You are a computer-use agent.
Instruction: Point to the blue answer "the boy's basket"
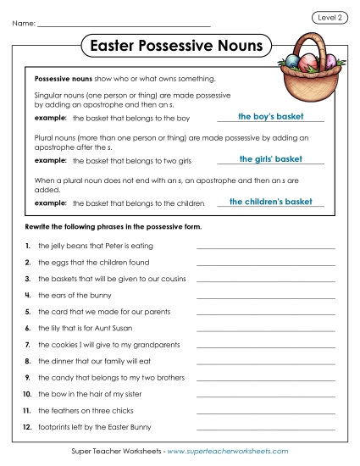(x=270, y=117)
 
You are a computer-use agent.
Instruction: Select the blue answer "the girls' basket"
(x=271, y=158)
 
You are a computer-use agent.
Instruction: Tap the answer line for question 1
(x=266, y=248)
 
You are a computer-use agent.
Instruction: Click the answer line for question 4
(x=266, y=297)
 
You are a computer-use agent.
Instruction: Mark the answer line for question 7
(x=266, y=347)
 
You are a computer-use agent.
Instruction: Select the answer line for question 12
(x=266, y=430)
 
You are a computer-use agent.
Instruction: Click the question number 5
(x=28, y=311)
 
